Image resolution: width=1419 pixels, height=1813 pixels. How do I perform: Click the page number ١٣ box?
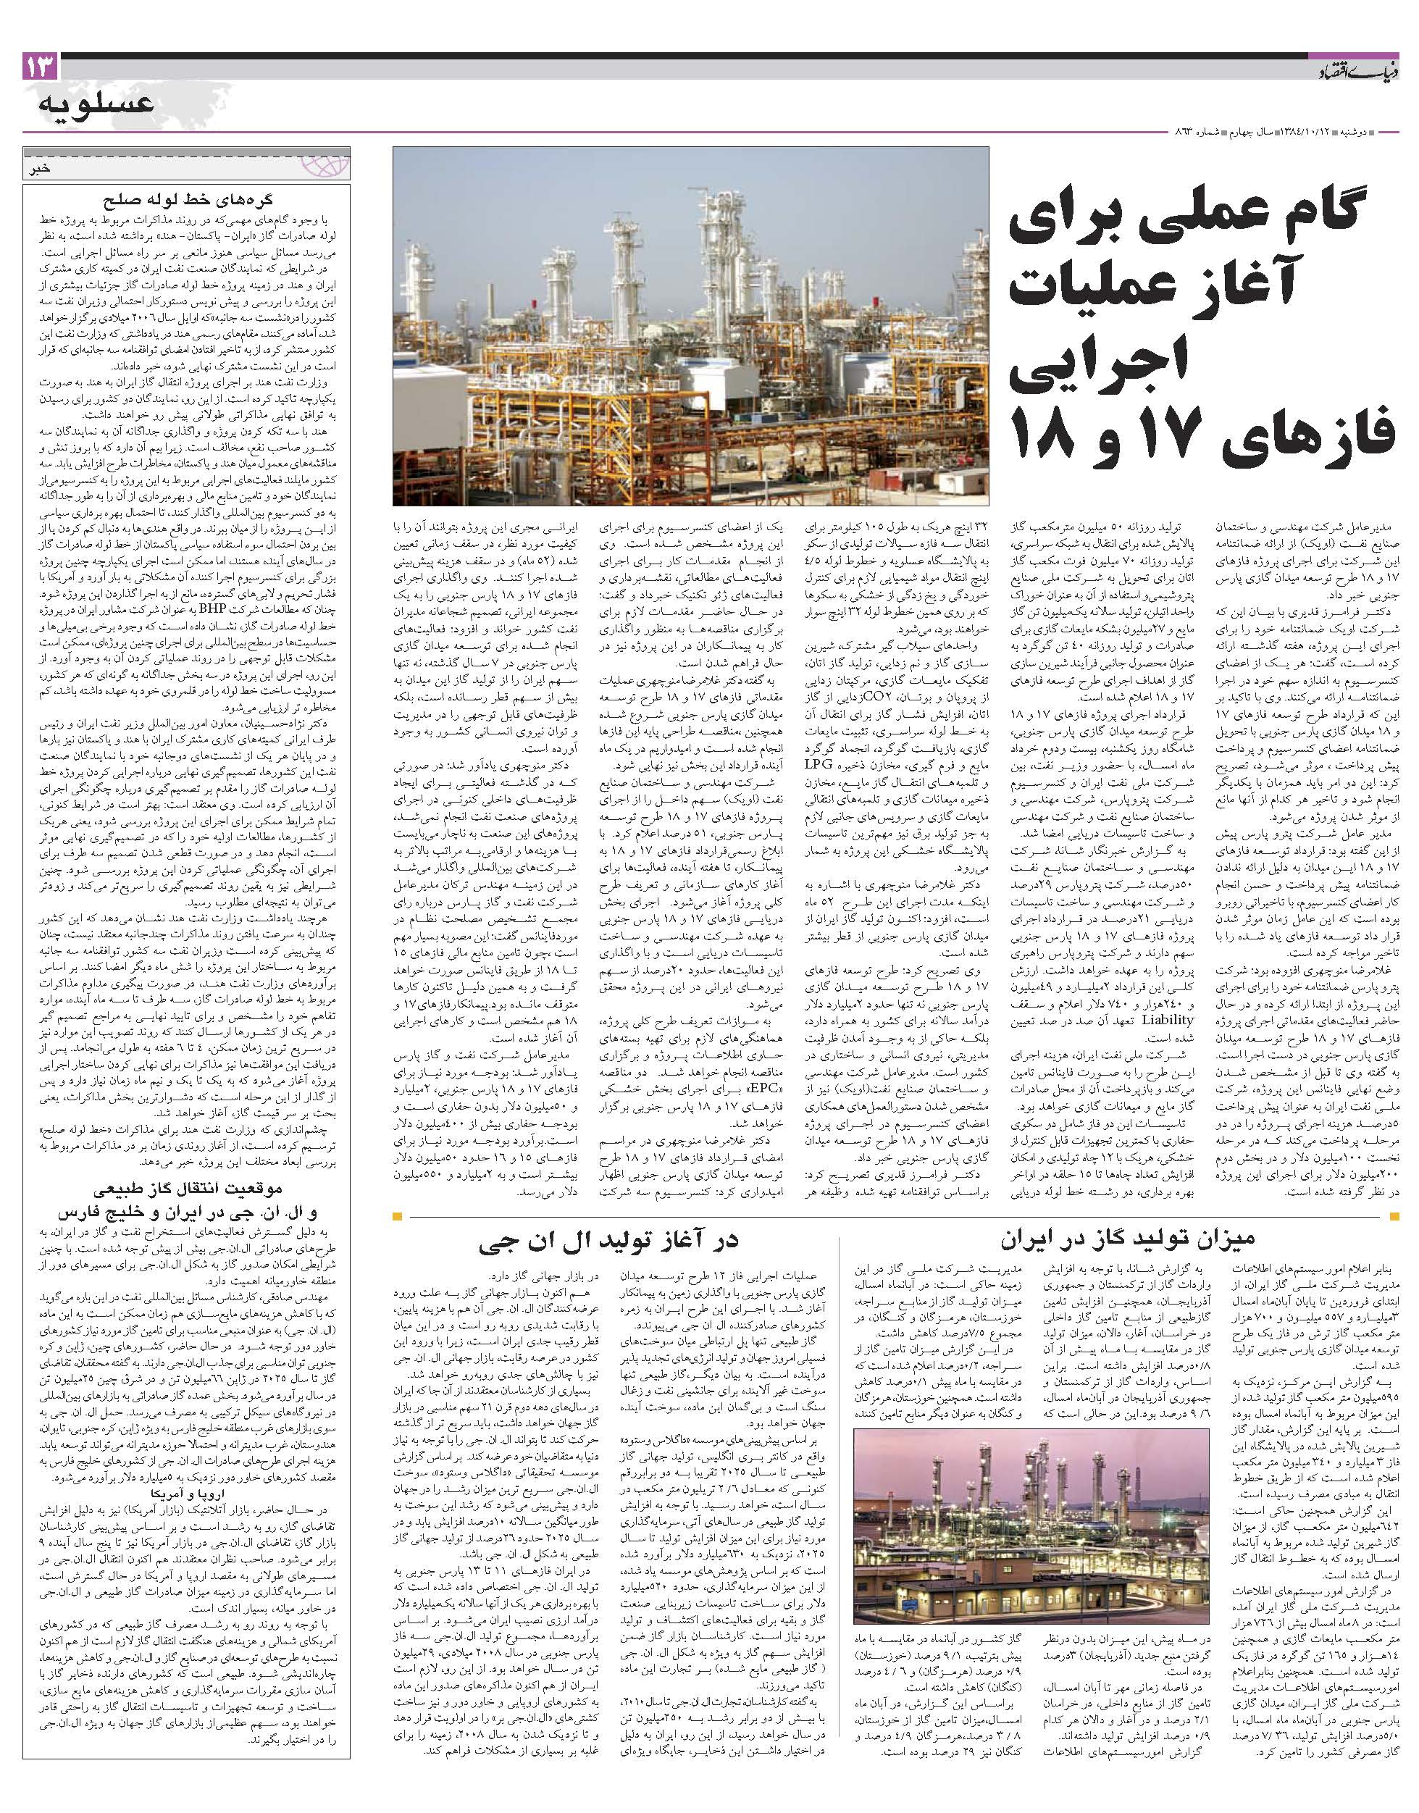[x=40, y=67]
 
